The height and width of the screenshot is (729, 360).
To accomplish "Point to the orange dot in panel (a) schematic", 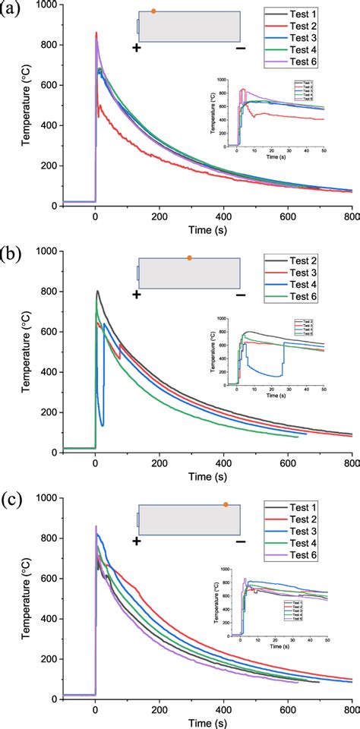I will (x=153, y=11).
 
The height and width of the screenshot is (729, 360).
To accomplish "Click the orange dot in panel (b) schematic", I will (x=189, y=258).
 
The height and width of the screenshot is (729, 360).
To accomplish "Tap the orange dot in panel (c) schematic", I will (x=226, y=504).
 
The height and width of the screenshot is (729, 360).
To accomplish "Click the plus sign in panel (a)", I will (x=137, y=48).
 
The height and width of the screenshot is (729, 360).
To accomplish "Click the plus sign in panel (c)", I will (x=137, y=541).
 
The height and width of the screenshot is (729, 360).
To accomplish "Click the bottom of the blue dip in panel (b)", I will (x=102, y=425).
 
